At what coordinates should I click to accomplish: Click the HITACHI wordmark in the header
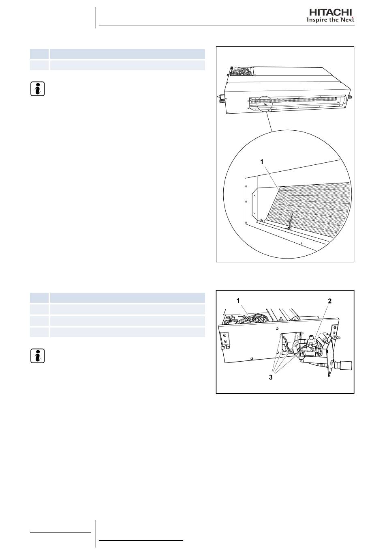click(x=330, y=13)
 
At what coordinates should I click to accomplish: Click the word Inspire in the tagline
click(x=315, y=20)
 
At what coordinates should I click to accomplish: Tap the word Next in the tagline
click(x=347, y=19)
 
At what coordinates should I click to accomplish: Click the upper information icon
click(x=37, y=89)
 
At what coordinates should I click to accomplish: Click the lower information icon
click(x=37, y=356)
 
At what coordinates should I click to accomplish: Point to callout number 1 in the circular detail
click(x=262, y=162)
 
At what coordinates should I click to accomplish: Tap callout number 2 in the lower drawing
click(x=329, y=301)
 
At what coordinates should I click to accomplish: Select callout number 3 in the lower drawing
click(x=271, y=377)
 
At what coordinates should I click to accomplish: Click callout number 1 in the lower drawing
click(x=238, y=301)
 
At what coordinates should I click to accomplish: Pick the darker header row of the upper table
click(x=118, y=54)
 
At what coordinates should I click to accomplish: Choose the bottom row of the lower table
click(x=118, y=332)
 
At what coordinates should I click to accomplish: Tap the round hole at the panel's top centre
click(x=277, y=328)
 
